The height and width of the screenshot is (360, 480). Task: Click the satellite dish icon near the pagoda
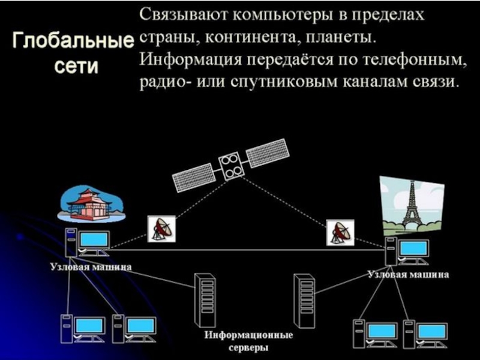161,229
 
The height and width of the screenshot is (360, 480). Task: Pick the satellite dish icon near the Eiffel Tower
340,232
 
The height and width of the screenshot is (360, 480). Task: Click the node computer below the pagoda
87,244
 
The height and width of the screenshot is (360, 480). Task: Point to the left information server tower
204,299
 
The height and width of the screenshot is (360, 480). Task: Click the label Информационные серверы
248,341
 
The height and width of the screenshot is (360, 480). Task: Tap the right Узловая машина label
408,275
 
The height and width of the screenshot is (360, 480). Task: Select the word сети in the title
75,66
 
